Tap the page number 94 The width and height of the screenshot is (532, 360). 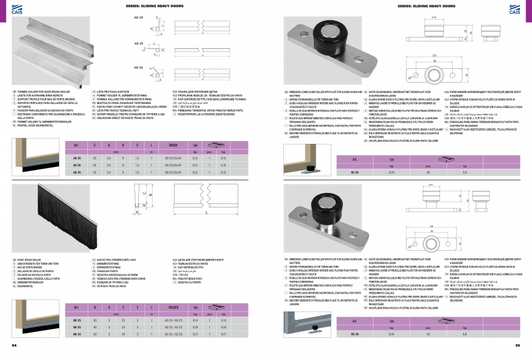point(14,345)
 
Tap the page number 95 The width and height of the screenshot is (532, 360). point(518,345)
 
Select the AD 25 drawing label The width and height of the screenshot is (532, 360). point(138,18)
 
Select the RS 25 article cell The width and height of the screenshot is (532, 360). point(354,172)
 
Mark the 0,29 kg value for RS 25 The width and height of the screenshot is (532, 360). point(391,172)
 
